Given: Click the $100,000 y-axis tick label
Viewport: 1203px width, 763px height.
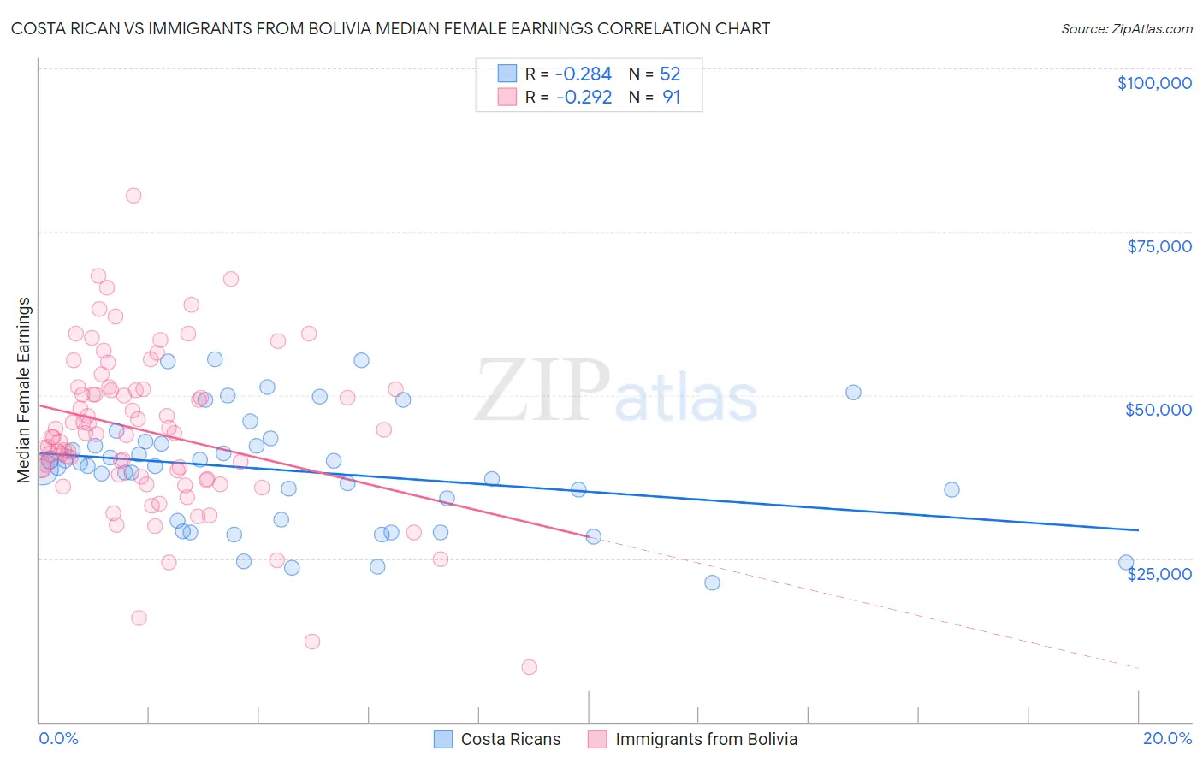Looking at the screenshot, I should coord(1154,83).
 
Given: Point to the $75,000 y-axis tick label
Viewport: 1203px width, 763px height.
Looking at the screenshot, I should coord(1159,246).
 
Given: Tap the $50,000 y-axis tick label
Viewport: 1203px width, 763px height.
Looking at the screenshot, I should coord(1159,410).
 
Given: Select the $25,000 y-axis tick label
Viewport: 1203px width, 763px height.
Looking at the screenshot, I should coord(1159,573).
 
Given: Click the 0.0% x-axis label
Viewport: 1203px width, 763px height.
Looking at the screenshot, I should coord(58,738).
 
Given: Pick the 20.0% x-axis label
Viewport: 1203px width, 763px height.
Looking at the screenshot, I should coord(1167,738).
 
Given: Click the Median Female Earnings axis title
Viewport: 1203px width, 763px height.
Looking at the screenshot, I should coord(24,390).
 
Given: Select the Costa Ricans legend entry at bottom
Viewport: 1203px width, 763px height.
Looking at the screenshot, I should coord(497,739).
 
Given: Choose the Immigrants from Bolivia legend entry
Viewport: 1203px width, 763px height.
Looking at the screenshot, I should coord(692,739).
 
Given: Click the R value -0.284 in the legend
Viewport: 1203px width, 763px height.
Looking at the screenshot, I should coord(584,74).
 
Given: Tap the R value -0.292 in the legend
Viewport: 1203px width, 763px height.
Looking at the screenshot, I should coord(584,97).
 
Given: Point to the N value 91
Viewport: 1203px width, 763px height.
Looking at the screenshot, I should coord(671,97).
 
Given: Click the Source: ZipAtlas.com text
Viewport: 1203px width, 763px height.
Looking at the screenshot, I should coord(1126,28).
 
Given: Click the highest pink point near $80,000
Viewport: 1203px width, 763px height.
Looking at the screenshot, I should coord(133,195).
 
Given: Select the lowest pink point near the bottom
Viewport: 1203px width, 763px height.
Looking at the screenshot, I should coord(529,667).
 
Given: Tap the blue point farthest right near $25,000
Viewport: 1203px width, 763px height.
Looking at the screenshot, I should coord(1126,563).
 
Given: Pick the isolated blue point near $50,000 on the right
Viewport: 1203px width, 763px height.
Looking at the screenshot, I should coord(853,393).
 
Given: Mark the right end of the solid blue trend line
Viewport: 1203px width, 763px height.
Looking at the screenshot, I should coord(1138,530).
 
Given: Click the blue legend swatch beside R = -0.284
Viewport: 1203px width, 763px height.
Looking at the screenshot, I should coord(507,74).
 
